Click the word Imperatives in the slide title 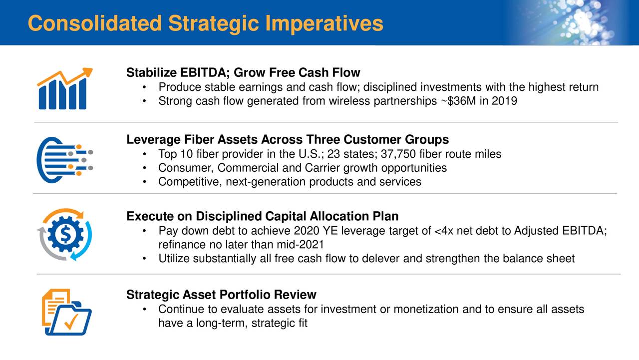[x=324, y=23]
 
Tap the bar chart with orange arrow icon [x=65, y=89]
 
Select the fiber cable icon [x=65, y=160]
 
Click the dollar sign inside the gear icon [x=65, y=234]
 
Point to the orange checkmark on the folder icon [x=71, y=322]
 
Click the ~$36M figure [x=458, y=101]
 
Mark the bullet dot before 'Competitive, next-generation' [x=145, y=182]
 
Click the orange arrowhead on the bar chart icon [x=87, y=72]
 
